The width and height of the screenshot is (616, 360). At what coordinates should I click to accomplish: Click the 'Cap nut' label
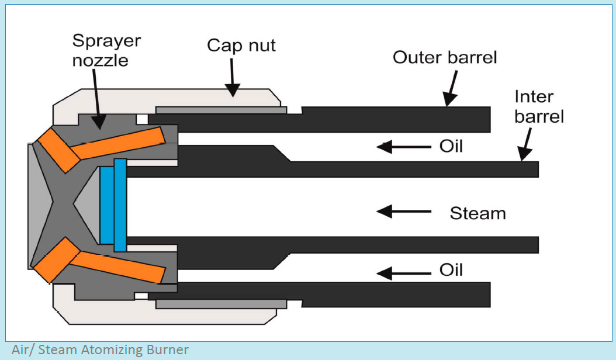241,46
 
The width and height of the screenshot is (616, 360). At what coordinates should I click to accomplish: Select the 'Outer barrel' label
445,57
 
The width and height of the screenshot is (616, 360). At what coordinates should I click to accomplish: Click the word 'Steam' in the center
477,213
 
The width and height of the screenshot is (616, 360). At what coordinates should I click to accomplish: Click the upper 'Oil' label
451,146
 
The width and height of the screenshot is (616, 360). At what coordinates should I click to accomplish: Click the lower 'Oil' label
451,271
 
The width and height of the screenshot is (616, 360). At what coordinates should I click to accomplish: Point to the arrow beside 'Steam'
403,212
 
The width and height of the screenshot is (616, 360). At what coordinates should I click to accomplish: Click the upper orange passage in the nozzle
99,146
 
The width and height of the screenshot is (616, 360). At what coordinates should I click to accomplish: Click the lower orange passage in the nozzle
99,262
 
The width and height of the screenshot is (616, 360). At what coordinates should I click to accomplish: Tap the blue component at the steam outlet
113,205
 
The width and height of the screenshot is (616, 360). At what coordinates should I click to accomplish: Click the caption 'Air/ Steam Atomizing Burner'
100,350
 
